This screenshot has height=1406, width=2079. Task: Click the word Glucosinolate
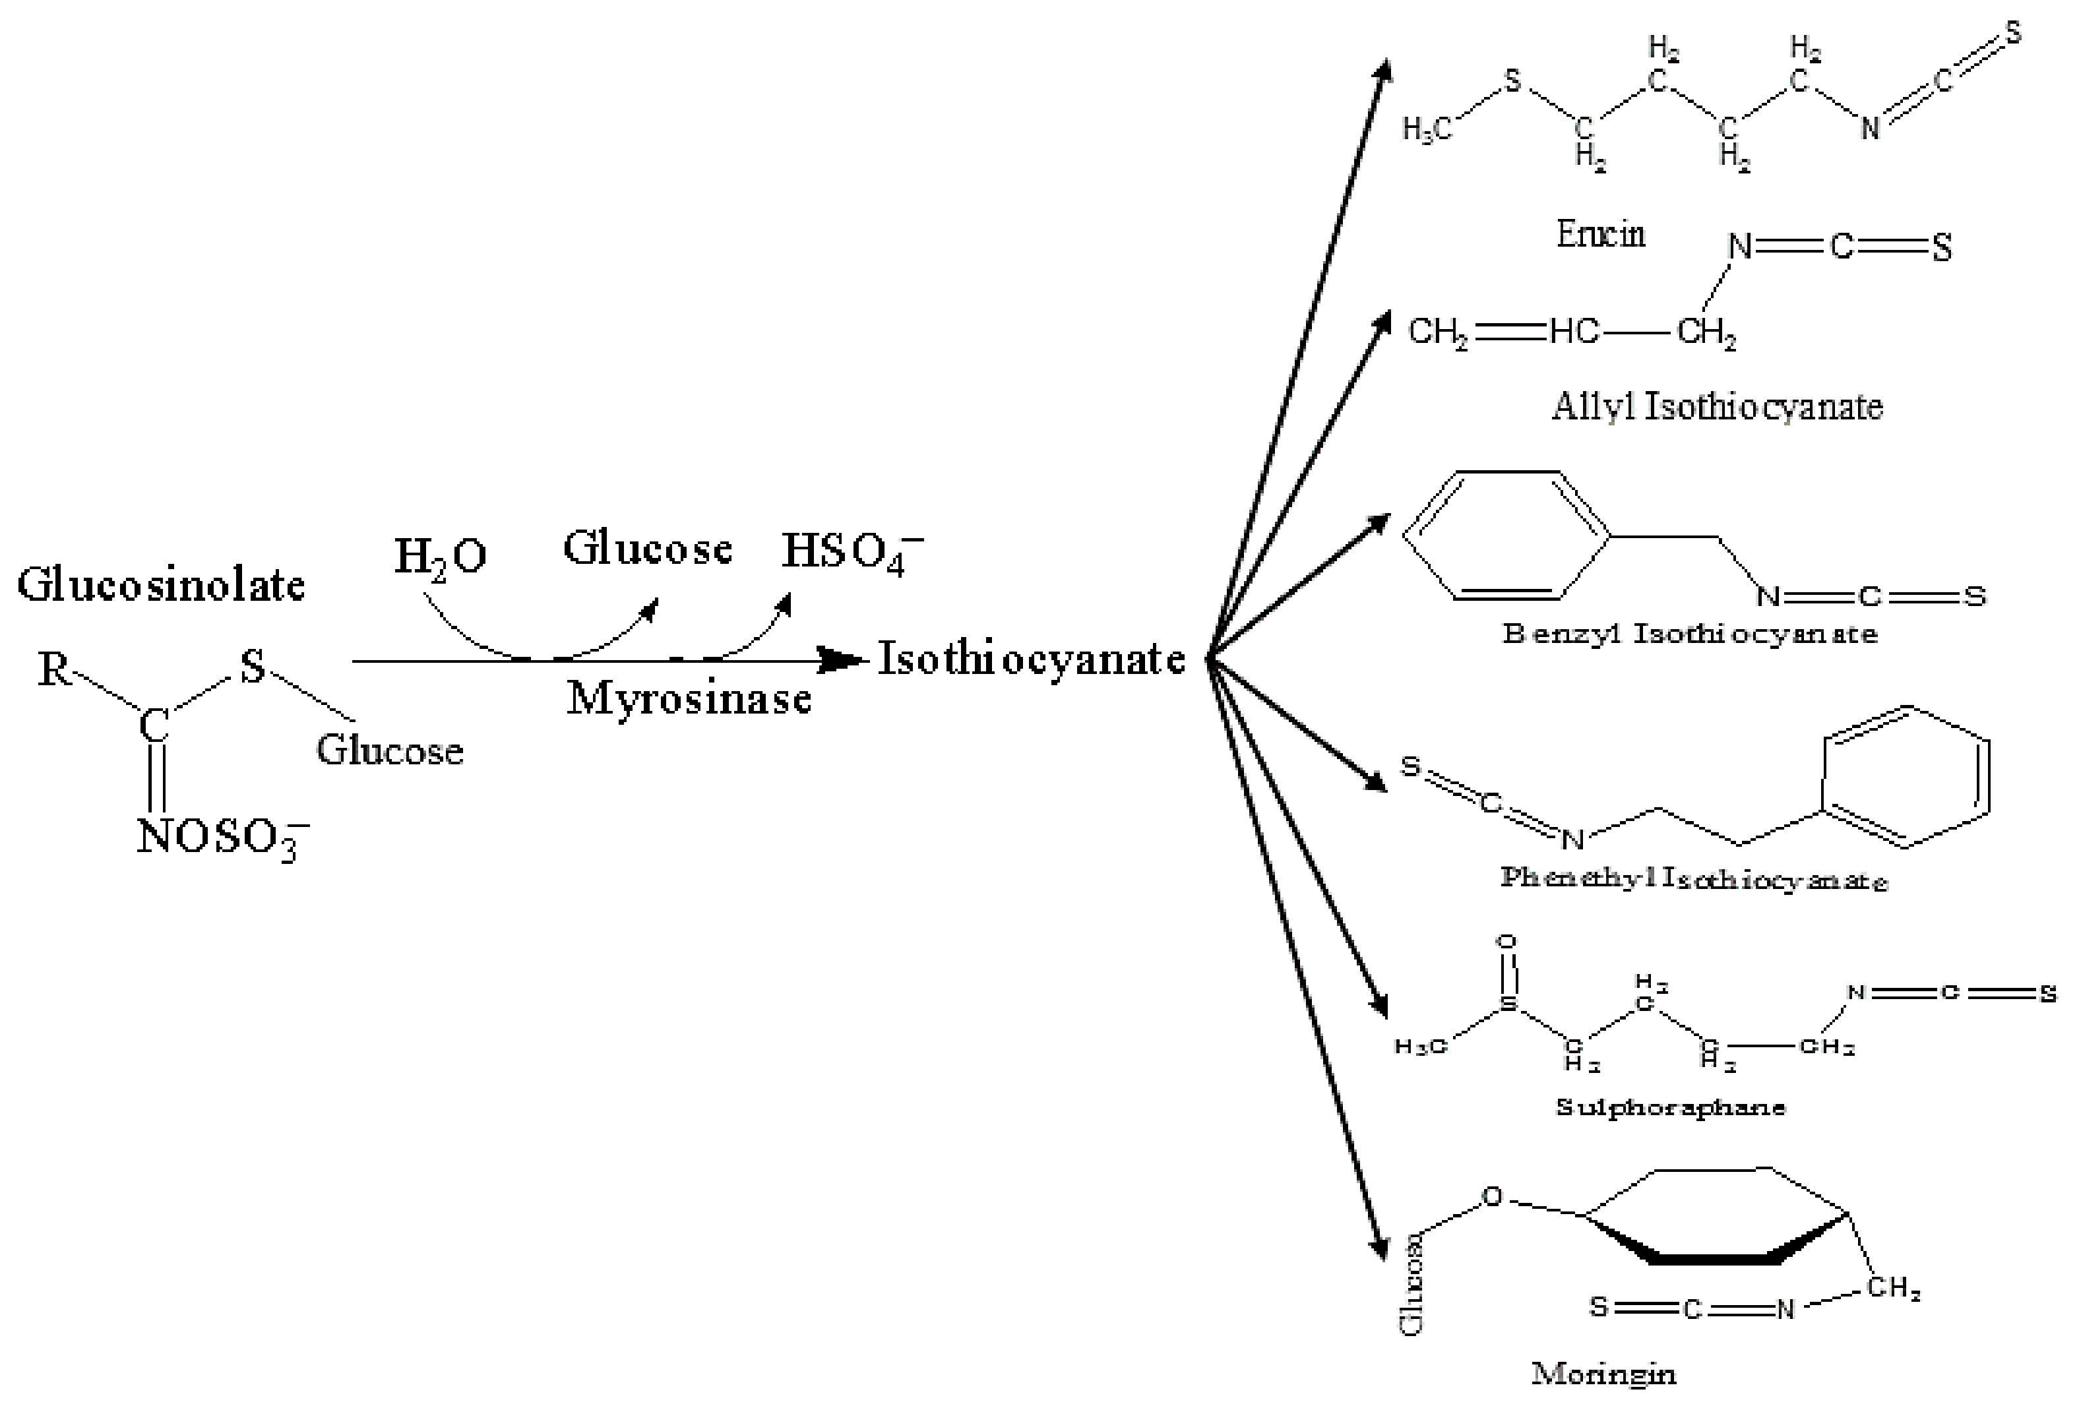tap(161, 586)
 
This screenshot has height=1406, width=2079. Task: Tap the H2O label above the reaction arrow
tap(440, 557)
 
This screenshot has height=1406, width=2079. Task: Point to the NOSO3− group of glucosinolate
tap(222, 838)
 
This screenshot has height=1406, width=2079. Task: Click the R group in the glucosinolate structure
tap(53, 668)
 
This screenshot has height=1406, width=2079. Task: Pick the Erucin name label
tap(1600, 234)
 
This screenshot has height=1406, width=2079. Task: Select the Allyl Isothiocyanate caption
tap(1717, 407)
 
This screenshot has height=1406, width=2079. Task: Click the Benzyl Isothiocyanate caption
tap(1690, 634)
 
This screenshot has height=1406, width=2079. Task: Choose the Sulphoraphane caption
tap(1670, 1107)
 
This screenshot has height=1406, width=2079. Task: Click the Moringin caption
tap(1603, 1373)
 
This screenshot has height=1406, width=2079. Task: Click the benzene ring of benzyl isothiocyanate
tap(1506, 535)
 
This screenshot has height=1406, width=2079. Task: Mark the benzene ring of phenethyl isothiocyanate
tap(1906, 776)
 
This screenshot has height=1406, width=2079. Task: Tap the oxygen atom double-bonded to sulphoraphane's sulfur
tap(1507, 942)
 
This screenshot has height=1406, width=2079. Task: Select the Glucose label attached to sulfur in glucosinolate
tap(390, 750)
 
